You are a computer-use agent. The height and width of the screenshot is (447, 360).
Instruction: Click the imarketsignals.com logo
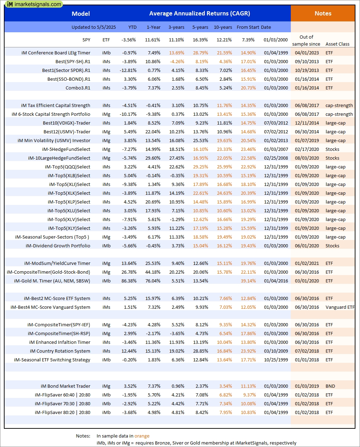pos(34,4)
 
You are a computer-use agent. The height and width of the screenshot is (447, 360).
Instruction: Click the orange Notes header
pos(323,14)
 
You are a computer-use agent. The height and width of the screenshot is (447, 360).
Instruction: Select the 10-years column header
pos(223,27)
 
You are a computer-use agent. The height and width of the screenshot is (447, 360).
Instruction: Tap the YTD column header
pos(132,27)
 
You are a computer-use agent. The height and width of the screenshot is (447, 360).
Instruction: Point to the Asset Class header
pos(338,44)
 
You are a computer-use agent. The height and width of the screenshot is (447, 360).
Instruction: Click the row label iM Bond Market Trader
pos(66,386)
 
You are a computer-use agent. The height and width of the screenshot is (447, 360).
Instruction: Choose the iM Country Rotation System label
pos(60,351)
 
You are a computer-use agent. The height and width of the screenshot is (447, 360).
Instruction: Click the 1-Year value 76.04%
pos(153,281)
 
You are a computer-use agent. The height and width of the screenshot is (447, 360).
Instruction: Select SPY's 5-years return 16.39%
pos(200,40)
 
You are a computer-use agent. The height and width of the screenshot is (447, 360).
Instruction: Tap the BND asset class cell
pos(330,386)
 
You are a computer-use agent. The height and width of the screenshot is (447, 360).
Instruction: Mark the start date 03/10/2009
pos(276,351)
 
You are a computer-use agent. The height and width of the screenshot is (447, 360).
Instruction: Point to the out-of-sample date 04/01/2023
pos(307,53)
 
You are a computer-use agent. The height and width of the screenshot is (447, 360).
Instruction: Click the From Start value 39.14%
pos(248,281)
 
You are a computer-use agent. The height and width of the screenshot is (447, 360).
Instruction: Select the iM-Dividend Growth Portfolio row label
pos(58,246)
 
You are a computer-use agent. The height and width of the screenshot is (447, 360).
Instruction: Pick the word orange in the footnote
pos(142,436)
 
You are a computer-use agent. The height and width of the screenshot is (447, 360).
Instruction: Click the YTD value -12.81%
pos(129,71)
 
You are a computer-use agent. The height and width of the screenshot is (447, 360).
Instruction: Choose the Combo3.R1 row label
pos(78,88)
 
